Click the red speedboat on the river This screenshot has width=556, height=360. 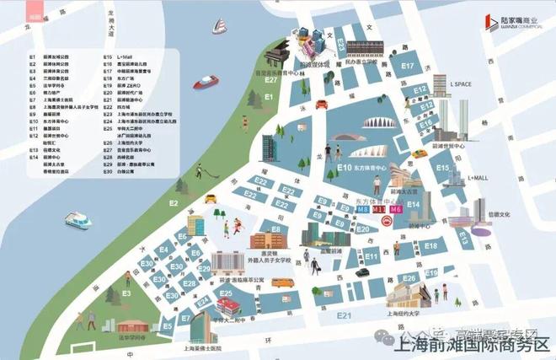point(205,83)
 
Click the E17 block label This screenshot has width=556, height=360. point(407,66)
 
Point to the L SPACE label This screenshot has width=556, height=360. point(465,84)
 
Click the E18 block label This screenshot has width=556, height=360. point(430,245)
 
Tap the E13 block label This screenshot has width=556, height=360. point(462,239)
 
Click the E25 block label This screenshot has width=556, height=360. point(226,293)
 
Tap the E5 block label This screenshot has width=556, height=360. point(167,325)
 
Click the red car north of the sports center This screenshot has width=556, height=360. point(320,105)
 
